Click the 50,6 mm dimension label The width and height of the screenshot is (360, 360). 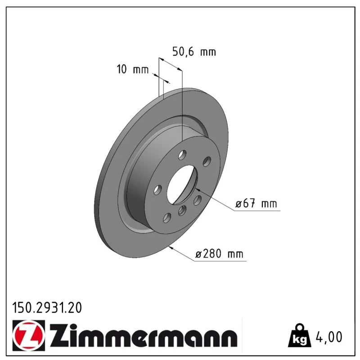[194, 52]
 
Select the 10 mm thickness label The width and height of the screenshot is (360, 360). [133, 69]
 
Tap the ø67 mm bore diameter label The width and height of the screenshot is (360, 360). [256, 204]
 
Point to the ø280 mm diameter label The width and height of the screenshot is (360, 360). [219, 254]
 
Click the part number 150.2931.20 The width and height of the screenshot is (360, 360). [47, 308]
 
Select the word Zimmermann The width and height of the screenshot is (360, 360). [144, 336]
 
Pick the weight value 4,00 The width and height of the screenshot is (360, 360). [329, 337]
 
